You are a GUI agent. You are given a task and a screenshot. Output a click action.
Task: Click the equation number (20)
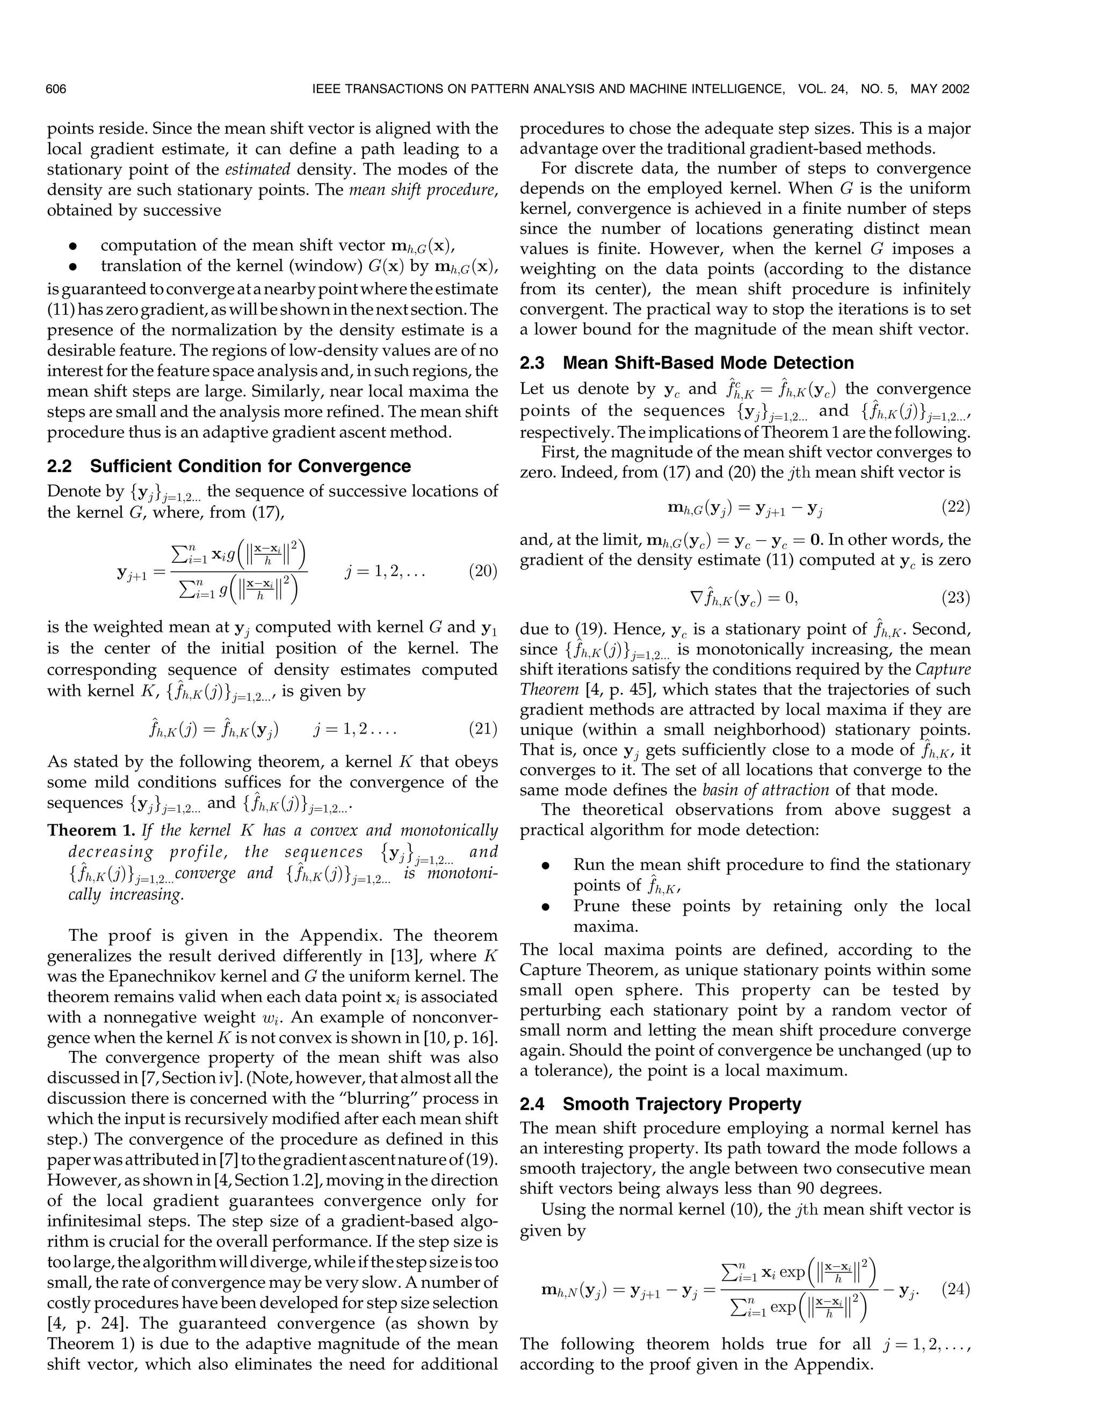(x=483, y=571)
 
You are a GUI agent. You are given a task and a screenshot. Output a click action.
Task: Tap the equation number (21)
(x=483, y=729)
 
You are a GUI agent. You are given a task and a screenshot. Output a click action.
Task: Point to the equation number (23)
(x=956, y=597)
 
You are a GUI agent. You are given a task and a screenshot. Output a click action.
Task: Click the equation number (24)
(x=956, y=1290)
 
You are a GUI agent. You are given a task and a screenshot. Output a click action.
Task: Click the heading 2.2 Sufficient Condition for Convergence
(x=229, y=467)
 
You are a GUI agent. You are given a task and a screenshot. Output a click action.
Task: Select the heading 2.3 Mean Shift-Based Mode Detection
(x=686, y=363)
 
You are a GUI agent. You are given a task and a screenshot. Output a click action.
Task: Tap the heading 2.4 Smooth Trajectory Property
(x=660, y=1105)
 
